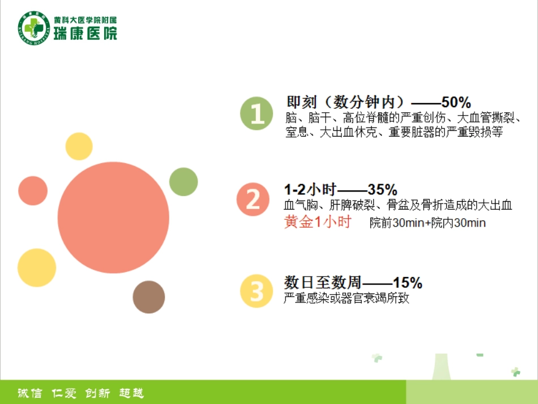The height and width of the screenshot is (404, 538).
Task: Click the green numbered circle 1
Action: [x=257, y=114]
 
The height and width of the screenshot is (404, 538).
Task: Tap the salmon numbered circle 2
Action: [x=253, y=199]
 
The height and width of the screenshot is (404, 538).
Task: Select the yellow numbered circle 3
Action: [x=257, y=291]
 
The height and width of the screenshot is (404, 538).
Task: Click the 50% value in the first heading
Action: [x=456, y=103]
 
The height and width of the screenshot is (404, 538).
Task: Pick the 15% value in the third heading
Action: [x=408, y=282]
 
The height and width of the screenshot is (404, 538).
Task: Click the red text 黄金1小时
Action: [x=317, y=222]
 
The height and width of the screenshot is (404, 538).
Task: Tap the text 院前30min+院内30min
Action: [x=428, y=223]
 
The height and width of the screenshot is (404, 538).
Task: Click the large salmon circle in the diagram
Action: [x=113, y=218]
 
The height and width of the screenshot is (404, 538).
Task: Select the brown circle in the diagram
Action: [x=149, y=297]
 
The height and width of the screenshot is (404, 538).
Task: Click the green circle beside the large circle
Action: [x=183, y=182]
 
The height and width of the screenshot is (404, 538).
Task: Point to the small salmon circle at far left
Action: [x=33, y=191]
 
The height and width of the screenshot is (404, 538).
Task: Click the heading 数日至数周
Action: [x=323, y=282]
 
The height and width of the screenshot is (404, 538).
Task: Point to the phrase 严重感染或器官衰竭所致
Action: [x=346, y=298]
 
